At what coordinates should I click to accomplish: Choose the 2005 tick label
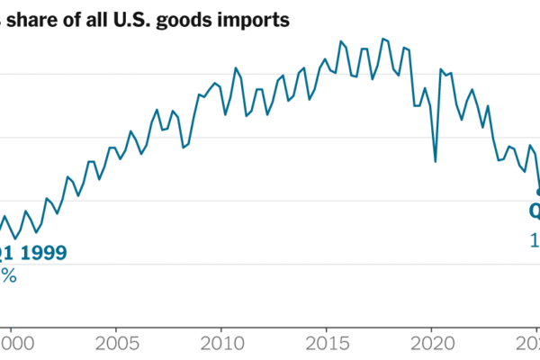click(116, 343)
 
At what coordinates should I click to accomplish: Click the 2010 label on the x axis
click(221, 343)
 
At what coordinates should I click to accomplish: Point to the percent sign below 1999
click(8, 275)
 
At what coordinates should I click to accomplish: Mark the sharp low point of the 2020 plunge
click(436, 162)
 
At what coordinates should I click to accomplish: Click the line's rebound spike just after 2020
click(441, 69)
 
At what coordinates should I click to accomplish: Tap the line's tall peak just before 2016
click(341, 41)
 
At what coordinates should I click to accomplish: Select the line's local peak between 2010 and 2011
click(236, 67)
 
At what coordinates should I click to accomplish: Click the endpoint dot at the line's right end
click(538, 191)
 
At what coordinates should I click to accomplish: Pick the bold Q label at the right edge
click(535, 212)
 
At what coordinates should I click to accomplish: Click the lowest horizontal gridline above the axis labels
click(270, 264)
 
